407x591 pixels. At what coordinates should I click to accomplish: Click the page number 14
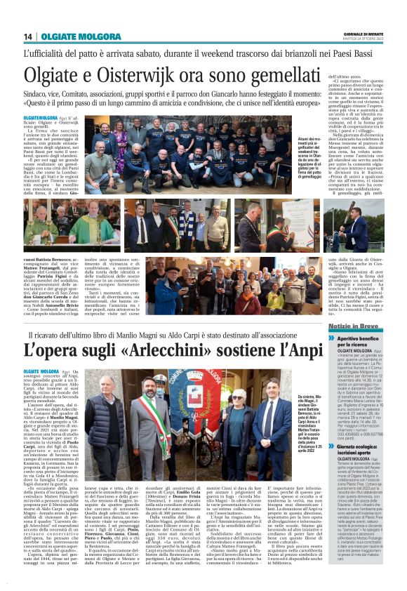click(x=28, y=36)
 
